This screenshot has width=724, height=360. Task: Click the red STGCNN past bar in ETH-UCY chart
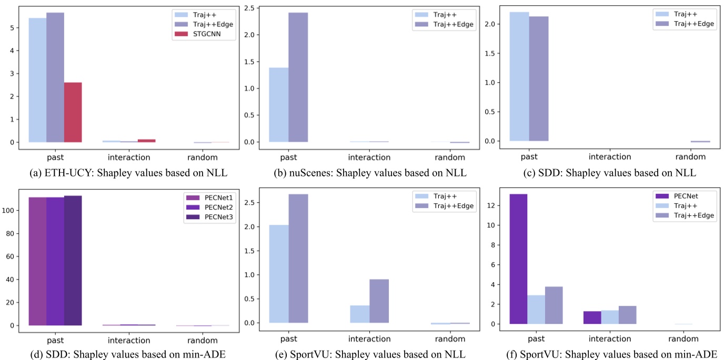click(x=73, y=112)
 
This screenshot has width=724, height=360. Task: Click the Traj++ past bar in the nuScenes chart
click(x=279, y=105)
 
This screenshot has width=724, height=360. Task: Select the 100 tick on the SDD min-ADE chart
click(x=10, y=211)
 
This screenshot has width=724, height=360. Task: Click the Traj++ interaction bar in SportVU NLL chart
click(x=359, y=314)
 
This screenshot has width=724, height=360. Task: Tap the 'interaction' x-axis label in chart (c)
click(x=610, y=156)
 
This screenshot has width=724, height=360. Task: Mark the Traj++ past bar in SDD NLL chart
click(x=519, y=76)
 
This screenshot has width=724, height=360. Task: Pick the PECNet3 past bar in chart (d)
click(x=73, y=261)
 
